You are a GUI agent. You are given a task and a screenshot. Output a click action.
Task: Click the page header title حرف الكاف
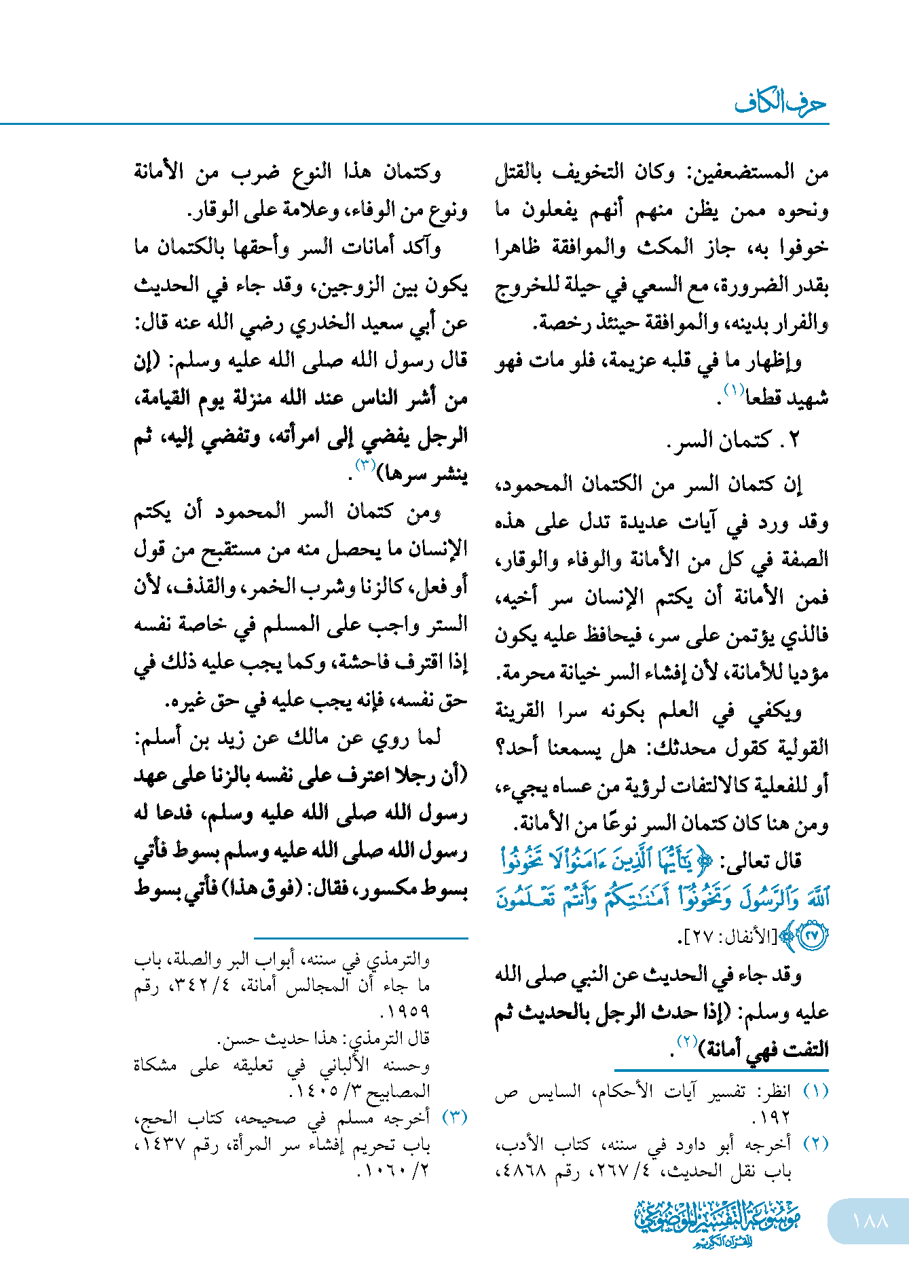pyautogui.click(x=780, y=103)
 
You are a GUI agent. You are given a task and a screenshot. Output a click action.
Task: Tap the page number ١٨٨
pyautogui.click(x=870, y=1221)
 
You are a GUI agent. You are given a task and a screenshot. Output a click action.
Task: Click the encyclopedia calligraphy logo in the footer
pyautogui.click(x=718, y=1223)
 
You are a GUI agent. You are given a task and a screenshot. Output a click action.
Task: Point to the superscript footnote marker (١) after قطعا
pyautogui.click(x=734, y=390)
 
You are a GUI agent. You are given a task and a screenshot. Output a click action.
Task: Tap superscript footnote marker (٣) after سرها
pyautogui.click(x=365, y=465)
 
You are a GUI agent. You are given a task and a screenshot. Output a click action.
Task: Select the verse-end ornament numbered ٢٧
pyautogui.click(x=812, y=935)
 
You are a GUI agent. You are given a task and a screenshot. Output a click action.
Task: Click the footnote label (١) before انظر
pyautogui.click(x=815, y=1092)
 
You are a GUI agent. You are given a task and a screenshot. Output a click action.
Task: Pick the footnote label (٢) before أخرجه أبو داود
pyautogui.click(x=815, y=1144)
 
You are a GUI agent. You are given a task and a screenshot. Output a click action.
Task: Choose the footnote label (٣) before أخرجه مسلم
pyautogui.click(x=455, y=1118)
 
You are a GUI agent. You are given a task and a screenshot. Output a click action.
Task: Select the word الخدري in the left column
pyautogui.click(x=318, y=324)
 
